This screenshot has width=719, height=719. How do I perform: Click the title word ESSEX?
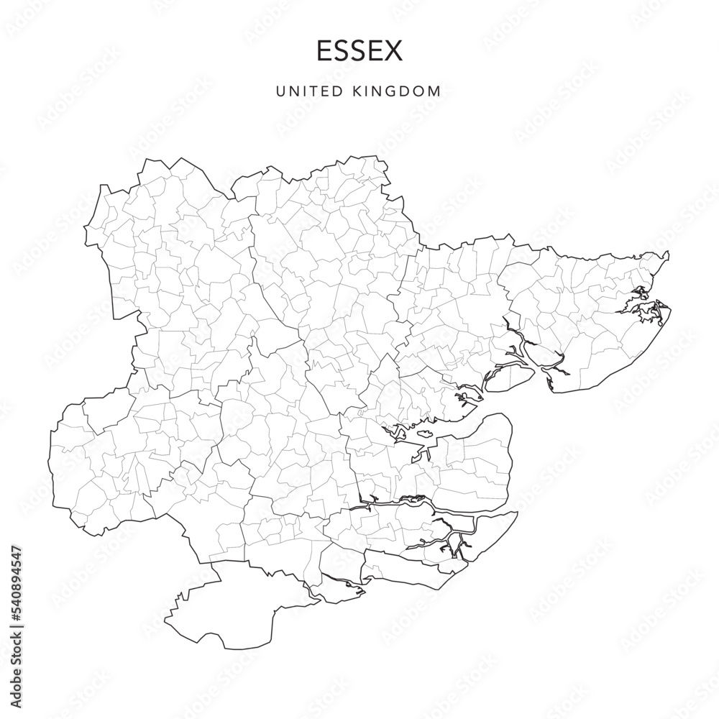[359, 51]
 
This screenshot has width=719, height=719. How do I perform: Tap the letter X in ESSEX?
[394, 51]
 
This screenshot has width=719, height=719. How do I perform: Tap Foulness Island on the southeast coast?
[478, 532]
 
